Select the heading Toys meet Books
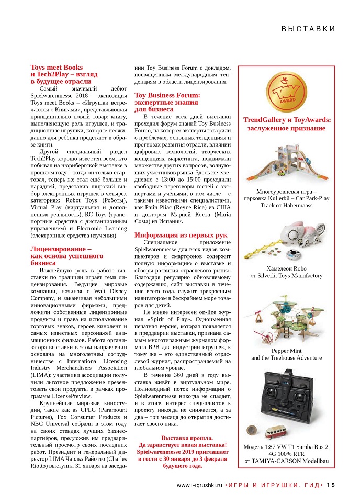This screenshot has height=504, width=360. (x=57, y=68)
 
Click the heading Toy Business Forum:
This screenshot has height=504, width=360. (x=167, y=95)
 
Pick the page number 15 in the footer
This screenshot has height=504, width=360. (x=330, y=485)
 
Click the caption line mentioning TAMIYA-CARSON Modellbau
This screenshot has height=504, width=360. (x=286, y=461)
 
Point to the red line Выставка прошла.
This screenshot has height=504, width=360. (x=187, y=438)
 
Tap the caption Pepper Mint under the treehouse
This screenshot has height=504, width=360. (x=287, y=350)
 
